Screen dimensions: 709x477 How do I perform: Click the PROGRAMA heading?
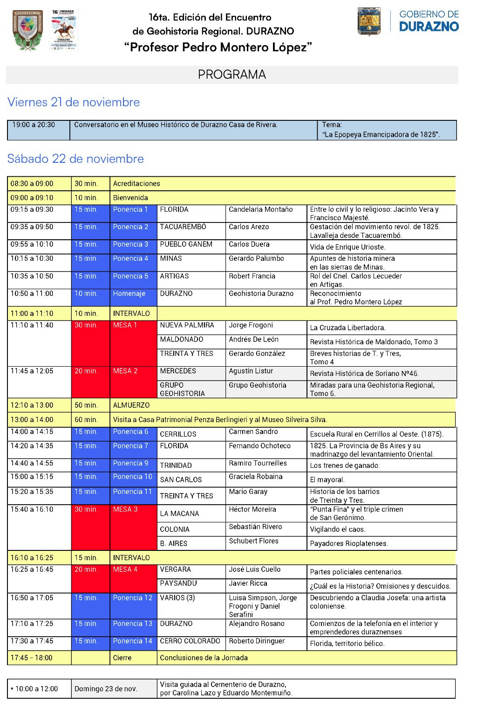click(232, 75)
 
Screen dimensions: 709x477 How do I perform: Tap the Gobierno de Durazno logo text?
click(429, 21)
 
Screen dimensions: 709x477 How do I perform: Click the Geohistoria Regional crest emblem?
click(28, 30)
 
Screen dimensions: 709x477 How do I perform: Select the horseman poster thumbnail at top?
click(63, 29)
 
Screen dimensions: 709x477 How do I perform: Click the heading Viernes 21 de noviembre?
click(74, 102)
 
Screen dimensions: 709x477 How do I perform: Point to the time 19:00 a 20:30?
click(34, 125)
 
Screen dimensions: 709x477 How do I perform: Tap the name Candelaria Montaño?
click(260, 209)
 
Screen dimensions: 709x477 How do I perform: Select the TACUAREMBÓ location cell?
click(183, 227)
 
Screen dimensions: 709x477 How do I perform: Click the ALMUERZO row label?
click(131, 405)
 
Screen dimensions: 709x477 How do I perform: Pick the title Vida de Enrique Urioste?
click(348, 247)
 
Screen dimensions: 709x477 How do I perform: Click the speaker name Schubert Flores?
click(253, 541)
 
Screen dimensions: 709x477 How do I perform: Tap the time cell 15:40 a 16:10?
click(32, 509)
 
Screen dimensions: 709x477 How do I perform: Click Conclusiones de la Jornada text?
click(204, 658)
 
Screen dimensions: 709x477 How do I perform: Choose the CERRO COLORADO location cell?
click(190, 641)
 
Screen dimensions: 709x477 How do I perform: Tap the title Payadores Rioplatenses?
click(349, 543)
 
